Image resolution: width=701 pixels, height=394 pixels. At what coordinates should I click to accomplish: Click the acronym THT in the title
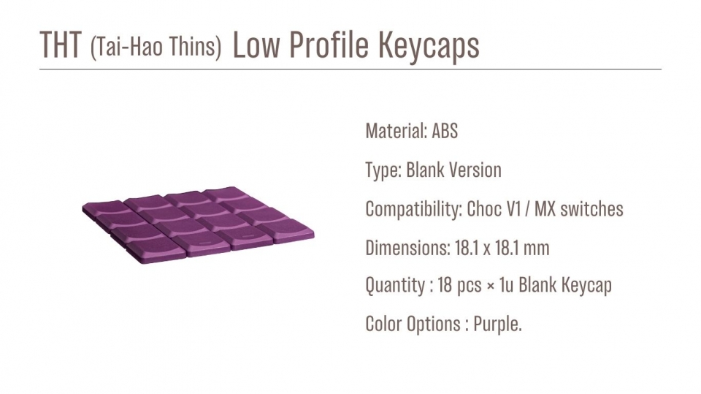pos(61,45)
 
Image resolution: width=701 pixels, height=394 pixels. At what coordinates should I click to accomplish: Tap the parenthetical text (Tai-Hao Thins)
pos(156,47)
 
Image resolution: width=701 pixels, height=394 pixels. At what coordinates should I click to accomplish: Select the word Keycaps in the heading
pos(429,45)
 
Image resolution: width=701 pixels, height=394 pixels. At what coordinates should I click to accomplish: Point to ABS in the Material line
pos(445,131)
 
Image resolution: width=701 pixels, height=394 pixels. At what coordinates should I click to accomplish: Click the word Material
pos(396,131)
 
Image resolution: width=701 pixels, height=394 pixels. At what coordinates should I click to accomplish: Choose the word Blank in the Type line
pos(425,170)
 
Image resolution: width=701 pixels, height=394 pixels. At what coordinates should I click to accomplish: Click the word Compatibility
pos(413,210)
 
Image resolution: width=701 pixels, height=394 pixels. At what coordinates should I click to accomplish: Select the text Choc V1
pos(494,209)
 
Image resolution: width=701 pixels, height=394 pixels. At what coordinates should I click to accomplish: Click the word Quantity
pos(395,285)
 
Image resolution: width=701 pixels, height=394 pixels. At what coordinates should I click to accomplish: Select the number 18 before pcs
pos(445,285)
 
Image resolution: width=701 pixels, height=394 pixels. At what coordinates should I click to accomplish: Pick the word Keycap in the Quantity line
pos(586,286)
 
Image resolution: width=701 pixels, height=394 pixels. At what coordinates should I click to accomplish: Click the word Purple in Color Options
pos(497,324)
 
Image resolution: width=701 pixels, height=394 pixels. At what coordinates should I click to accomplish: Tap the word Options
pos(433,324)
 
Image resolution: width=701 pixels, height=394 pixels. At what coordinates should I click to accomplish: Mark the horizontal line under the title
pos(350,69)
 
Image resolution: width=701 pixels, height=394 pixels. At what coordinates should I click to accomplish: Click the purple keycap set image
pos(198,224)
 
